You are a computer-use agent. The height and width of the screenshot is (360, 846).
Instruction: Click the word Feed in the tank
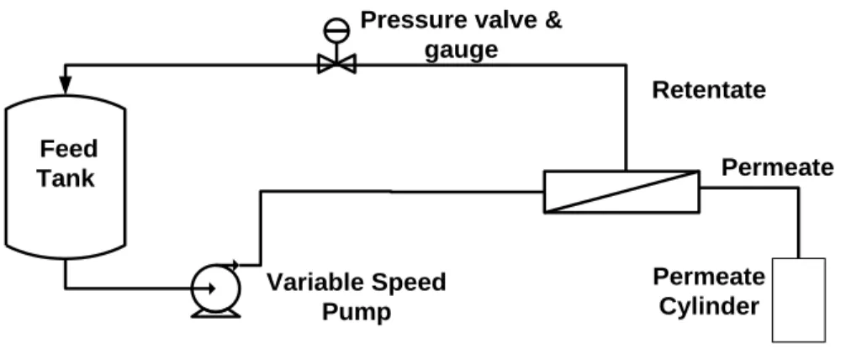click(x=68, y=148)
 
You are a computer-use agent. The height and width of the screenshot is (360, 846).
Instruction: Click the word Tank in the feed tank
click(x=66, y=178)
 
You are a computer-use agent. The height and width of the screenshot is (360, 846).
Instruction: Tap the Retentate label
click(x=709, y=90)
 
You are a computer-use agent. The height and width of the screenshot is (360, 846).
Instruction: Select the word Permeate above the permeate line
click(x=778, y=168)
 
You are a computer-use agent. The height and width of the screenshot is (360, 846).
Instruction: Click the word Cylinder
click(x=709, y=307)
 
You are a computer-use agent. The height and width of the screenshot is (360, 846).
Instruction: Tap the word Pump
click(x=357, y=313)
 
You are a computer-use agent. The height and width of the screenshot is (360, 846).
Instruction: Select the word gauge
click(x=462, y=50)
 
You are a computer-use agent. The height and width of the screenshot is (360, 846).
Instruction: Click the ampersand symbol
click(x=554, y=20)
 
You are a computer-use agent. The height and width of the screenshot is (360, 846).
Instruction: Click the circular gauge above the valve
click(x=336, y=30)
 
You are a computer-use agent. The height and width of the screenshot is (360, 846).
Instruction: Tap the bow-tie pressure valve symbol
click(x=336, y=65)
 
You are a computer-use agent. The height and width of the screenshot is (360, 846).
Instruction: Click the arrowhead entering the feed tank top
click(x=66, y=85)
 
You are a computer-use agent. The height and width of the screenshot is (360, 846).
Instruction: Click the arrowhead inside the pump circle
click(x=212, y=289)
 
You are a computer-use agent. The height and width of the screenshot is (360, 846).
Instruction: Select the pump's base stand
click(x=216, y=314)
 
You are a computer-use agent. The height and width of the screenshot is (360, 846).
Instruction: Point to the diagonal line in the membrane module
click(x=621, y=192)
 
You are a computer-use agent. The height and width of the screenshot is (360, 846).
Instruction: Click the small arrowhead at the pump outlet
click(x=234, y=264)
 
